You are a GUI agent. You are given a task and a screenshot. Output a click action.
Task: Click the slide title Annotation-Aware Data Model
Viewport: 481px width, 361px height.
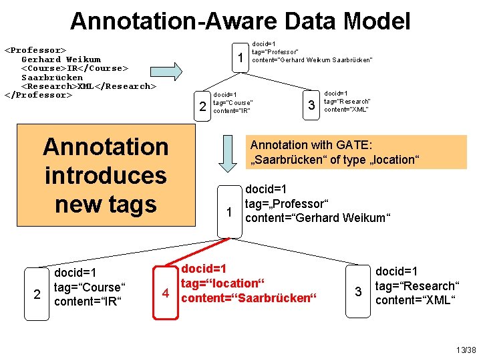[x=240, y=21]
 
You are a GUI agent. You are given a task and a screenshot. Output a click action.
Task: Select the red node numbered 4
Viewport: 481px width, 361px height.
[x=164, y=292]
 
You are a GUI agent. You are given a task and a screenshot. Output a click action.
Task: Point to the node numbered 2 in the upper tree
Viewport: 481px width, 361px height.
[x=202, y=106]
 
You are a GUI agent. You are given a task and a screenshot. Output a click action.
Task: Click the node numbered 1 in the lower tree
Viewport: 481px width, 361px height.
[x=228, y=213]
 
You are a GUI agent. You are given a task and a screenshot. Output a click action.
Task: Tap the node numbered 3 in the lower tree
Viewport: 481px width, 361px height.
[x=358, y=292]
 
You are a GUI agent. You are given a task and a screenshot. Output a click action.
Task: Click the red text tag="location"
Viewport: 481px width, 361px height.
[x=220, y=283]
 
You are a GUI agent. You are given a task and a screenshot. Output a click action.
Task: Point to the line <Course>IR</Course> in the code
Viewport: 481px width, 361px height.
[x=75, y=68]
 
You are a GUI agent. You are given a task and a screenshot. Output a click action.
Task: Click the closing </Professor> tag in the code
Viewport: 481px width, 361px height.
[x=37, y=94]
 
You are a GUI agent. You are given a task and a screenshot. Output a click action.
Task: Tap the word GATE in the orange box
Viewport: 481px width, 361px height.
[x=357, y=145]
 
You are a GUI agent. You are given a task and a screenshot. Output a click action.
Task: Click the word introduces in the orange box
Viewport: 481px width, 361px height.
[x=106, y=175]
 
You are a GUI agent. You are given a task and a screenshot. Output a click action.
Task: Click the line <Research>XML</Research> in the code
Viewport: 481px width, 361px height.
[x=89, y=86]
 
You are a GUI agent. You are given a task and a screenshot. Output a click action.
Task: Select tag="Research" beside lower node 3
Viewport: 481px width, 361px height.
[x=416, y=285]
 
